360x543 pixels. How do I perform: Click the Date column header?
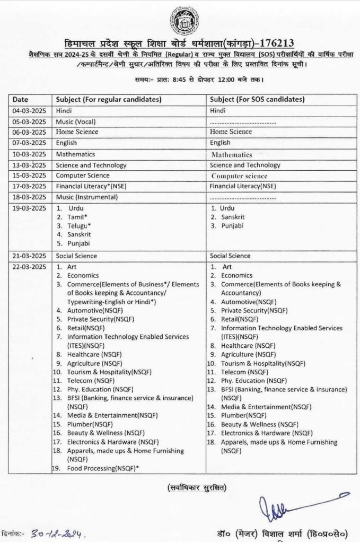[x=21, y=99]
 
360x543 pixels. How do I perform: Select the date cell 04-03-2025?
[x=29, y=110]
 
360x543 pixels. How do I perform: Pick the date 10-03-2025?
[x=29, y=154]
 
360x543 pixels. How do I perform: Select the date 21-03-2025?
[x=29, y=256]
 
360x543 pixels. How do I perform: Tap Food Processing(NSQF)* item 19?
[x=103, y=468]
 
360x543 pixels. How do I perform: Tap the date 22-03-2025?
[x=29, y=266]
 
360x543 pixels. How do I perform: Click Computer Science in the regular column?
[x=83, y=176]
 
